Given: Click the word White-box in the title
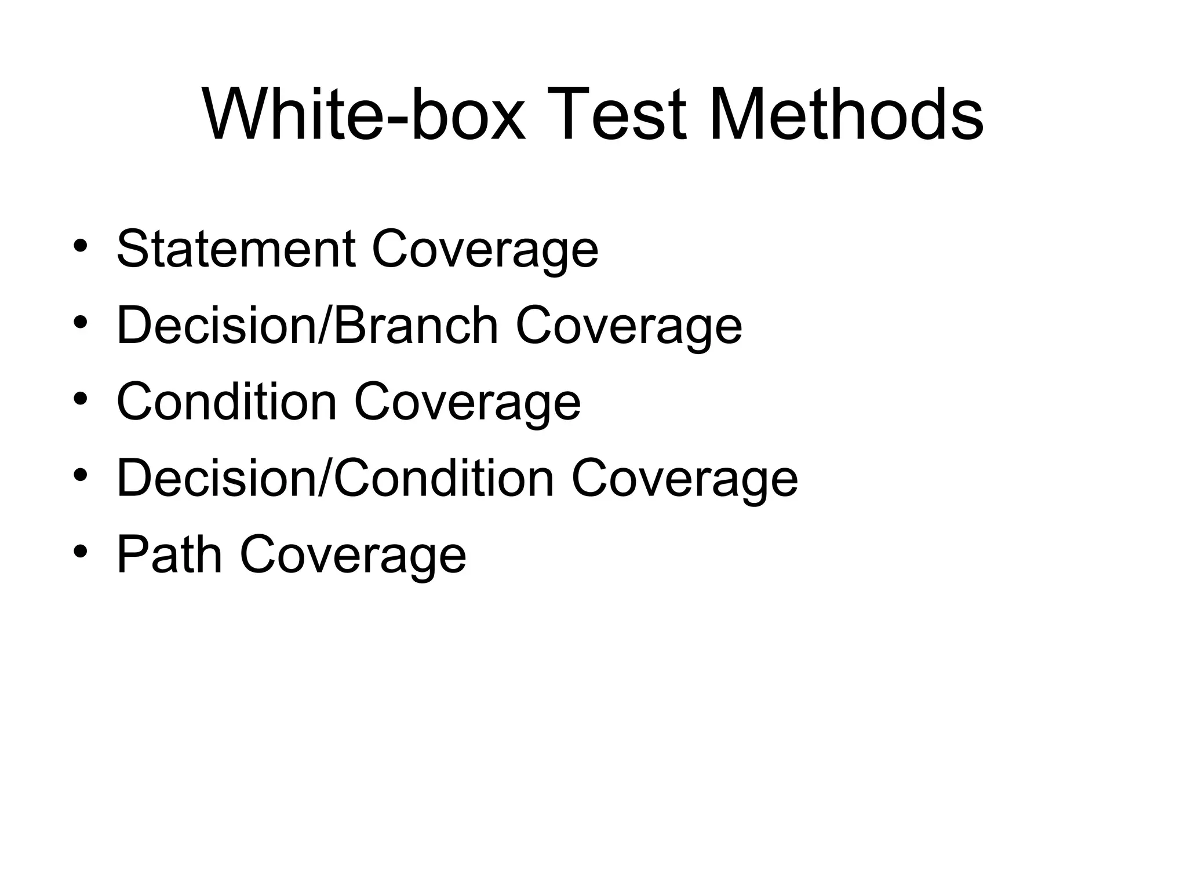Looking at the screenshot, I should pyautogui.click(x=364, y=114).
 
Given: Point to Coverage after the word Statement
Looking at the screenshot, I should pyautogui.click(x=485, y=250).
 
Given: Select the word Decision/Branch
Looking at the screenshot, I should pyautogui.click(x=307, y=325).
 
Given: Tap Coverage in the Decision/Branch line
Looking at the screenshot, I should pyautogui.click(x=628, y=326).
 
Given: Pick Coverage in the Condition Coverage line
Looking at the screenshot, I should pyautogui.click(x=467, y=403).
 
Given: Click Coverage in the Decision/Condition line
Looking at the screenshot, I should pyautogui.click(x=684, y=479).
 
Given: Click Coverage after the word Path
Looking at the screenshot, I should pyautogui.click(x=352, y=556).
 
